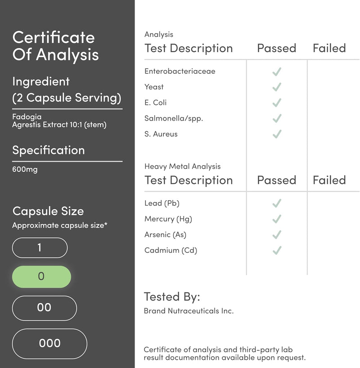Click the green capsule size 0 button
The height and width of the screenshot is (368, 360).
click(x=41, y=277)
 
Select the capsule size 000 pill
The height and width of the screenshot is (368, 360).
click(x=49, y=344)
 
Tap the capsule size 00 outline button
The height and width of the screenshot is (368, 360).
click(x=44, y=308)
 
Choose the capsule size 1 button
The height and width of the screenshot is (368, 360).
click(x=40, y=247)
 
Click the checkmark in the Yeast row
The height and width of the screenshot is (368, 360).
click(x=277, y=87)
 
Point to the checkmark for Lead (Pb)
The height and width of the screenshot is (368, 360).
click(x=277, y=203)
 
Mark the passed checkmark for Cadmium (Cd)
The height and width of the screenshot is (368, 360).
click(x=277, y=251)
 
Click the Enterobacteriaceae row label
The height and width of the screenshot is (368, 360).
click(x=180, y=71)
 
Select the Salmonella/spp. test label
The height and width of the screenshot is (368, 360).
click(x=174, y=118)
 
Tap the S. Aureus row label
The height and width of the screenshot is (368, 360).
click(x=161, y=134)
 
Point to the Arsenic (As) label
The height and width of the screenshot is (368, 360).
click(x=165, y=235)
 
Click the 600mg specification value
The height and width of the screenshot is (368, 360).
click(x=25, y=170)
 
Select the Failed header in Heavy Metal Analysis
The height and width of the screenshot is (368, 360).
click(x=329, y=180)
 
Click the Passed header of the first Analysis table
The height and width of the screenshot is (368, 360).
click(x=276, y=49)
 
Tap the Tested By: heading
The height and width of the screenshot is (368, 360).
click(x=172, y=297)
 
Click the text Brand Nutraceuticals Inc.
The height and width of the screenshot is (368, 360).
click(x=189, y=311)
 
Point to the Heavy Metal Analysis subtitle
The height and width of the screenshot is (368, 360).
click(x=182, y=166)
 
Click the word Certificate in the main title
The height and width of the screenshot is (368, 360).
click(x=54, y=37)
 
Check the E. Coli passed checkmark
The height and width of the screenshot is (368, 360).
click(x=277, y=103)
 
